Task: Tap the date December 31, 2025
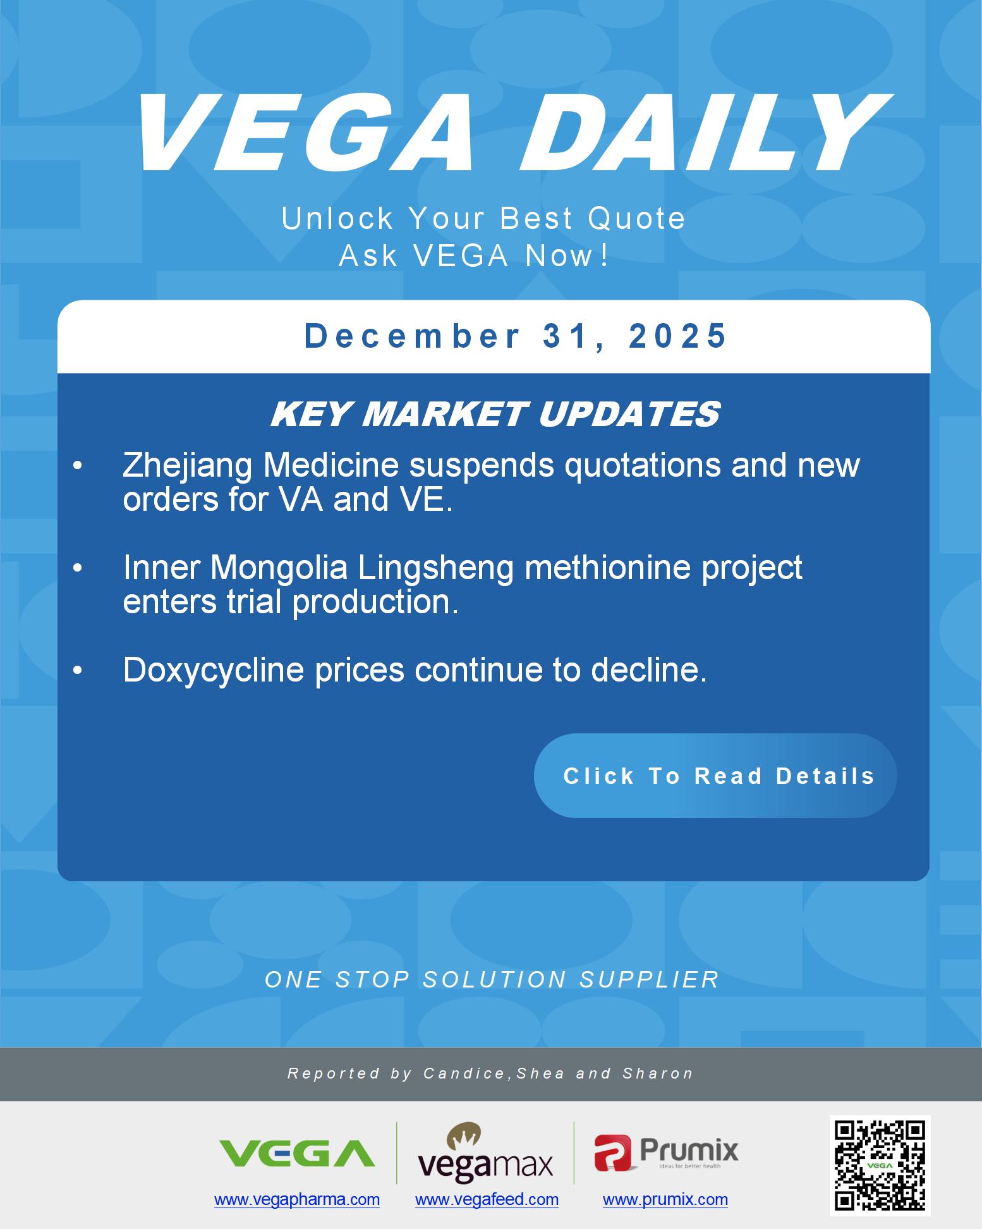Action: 516,336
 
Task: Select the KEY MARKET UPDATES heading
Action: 495,415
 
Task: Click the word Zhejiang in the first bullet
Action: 188,465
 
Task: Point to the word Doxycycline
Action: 214,670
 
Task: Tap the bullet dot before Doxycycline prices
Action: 78,671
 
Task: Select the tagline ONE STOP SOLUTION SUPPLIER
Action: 492,979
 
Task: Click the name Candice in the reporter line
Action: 463,1073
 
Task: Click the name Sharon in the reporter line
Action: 658,1073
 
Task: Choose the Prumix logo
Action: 666,1153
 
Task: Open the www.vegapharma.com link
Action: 297,1199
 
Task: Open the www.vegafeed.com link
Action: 487,1199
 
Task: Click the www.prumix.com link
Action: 665,1199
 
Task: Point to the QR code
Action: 880,1165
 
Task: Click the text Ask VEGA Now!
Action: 475,256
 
